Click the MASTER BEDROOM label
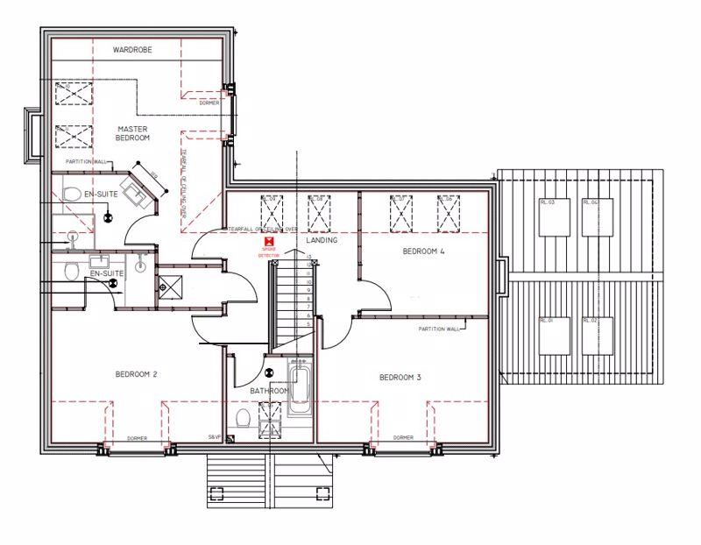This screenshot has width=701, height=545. (x=133, y=133)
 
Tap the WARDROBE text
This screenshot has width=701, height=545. (x=132, y=51)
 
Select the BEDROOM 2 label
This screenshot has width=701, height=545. (x=136, y=375)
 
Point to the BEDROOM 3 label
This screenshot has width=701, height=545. (x=400, y=378)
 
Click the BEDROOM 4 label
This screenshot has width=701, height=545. (x=423, y=251)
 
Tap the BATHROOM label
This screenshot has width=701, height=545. (x=269, y=391)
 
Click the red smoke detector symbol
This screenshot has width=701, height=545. (x=272, y=239)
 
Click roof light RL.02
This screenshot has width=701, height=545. (x=596, y=336)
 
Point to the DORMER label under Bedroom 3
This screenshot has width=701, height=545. (x=403, y=437)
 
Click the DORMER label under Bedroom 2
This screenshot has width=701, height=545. (x=138, y=437)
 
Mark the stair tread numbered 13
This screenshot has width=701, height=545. (x=309, y=257)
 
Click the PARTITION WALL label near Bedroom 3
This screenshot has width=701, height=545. (x=438, y=329)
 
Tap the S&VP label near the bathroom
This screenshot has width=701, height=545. (x=214, y=436)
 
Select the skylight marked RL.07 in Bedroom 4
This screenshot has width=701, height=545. (x=401, y=213)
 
